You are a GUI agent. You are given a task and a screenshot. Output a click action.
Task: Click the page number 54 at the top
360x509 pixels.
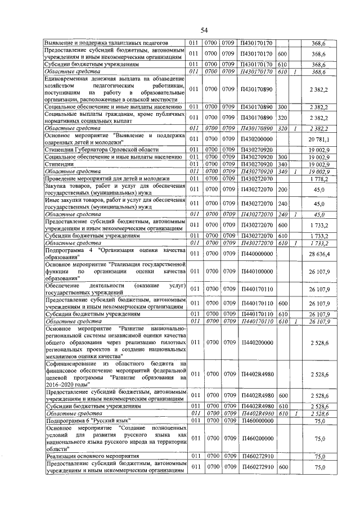204,30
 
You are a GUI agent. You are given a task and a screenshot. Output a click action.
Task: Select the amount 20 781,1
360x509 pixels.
322,139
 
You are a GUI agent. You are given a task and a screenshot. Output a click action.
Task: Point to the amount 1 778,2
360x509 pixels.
322,178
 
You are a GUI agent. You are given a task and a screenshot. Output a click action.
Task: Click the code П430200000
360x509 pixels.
256,139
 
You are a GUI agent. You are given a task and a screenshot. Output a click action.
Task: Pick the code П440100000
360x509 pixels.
256,271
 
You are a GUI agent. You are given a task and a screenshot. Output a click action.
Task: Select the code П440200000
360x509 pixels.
256,341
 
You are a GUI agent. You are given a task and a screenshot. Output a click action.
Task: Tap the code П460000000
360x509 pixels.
256,420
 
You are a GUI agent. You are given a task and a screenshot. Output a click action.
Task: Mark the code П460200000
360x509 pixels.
256,438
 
